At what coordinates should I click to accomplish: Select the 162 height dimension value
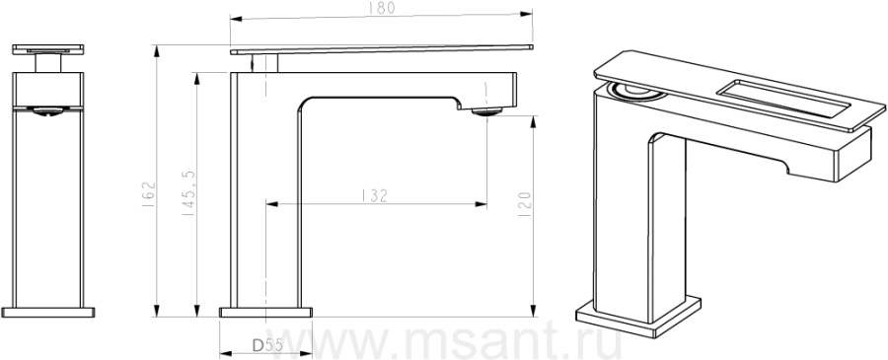148,194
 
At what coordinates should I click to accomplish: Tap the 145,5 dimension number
188,192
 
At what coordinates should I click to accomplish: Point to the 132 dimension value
374,196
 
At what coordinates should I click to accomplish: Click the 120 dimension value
525,204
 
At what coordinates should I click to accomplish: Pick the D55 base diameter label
266,345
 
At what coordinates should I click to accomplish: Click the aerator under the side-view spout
486,111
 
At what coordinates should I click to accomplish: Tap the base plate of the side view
265,312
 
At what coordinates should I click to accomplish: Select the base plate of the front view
48,312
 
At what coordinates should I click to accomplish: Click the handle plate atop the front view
48,49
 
